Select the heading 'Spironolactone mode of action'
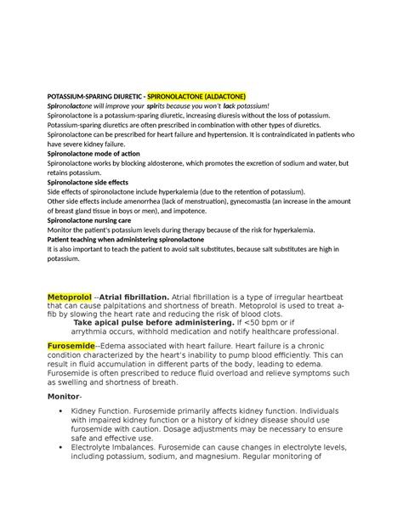tap(93, 152)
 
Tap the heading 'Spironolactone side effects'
tap(88, 181)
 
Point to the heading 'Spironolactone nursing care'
tap(90, 219)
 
